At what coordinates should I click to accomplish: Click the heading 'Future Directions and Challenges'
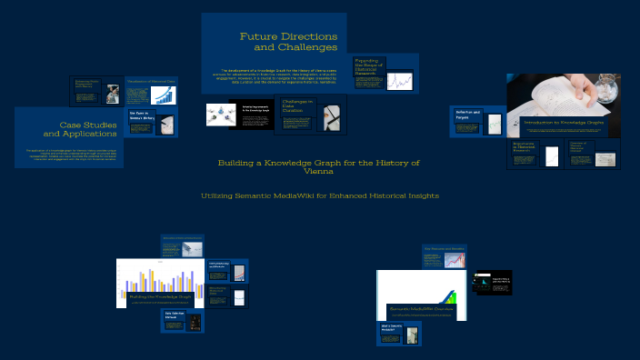point(289,41)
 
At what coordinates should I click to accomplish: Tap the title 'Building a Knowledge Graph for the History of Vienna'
point(319,166)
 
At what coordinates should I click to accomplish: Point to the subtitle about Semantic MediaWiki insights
point(319,195)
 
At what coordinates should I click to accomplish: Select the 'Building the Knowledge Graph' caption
point(160,296)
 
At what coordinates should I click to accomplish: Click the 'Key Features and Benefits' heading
point(444,248)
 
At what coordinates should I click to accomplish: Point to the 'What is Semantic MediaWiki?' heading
point(392,327)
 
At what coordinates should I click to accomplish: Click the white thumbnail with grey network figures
point(217,113)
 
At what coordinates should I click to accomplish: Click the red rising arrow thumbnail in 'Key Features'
point(455,260)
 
